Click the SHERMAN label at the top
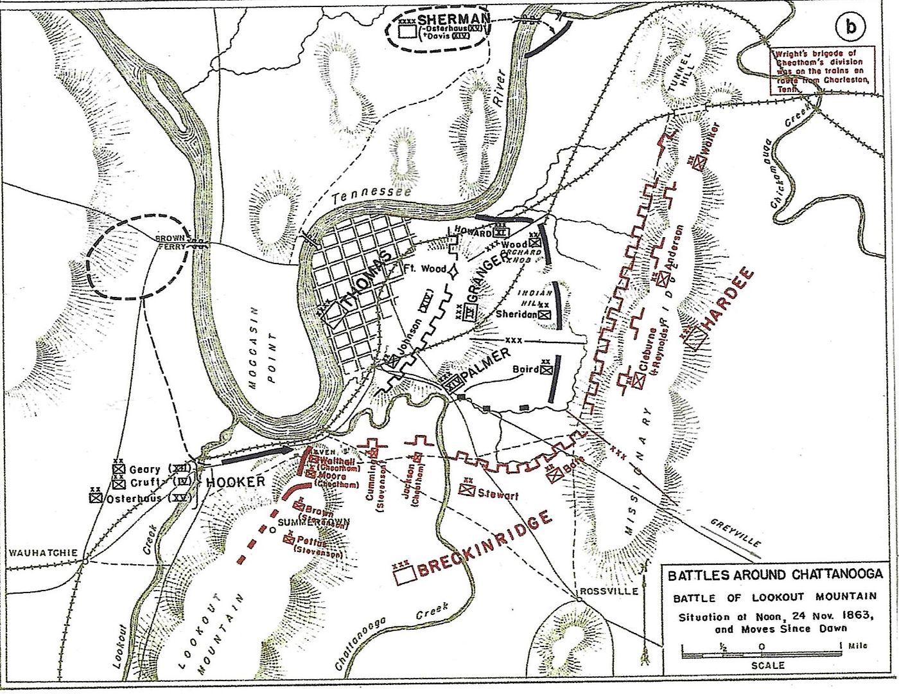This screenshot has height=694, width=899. point(453,18)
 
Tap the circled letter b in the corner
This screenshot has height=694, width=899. point(850,26)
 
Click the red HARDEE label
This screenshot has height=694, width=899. point(729,301)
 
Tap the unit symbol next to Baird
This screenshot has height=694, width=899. point(546,369)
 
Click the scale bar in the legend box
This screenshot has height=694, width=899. point(762,654)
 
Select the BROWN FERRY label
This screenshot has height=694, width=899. point(171,241)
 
